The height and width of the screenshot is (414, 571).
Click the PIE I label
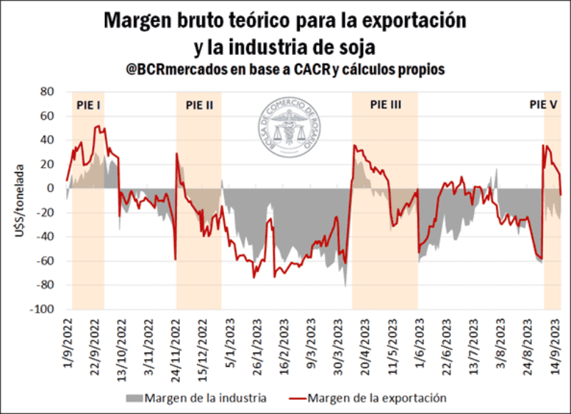88,104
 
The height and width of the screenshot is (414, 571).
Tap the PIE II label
199,104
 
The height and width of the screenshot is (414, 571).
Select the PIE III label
385,104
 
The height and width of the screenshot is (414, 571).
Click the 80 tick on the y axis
48,92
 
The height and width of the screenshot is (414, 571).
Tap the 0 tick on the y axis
51,188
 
